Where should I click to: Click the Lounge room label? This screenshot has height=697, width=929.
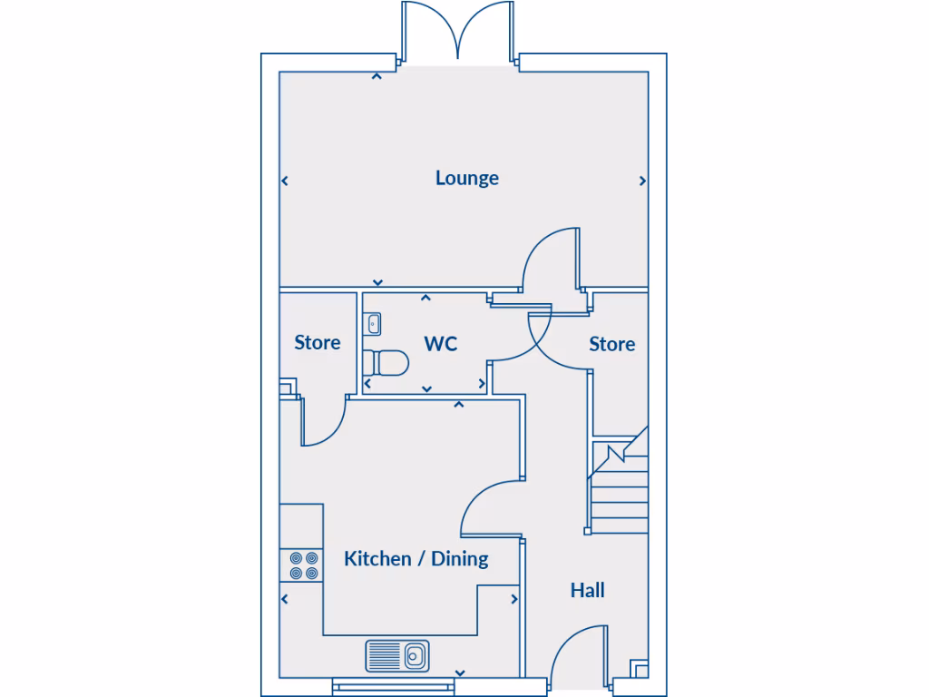point(466,178)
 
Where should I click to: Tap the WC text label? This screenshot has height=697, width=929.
point(441,344)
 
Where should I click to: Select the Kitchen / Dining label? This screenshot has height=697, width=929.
point(416,559)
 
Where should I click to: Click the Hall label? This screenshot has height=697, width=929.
point(587,591)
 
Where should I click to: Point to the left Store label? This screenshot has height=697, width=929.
point(318,343)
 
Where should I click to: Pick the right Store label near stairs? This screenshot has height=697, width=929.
point(611,345)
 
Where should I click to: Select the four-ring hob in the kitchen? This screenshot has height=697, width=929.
point(303,565)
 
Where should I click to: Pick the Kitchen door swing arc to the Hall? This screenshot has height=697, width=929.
point(488,505)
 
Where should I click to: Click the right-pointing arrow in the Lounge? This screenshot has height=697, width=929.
point(643,182)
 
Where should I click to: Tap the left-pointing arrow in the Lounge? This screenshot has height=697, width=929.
point(284,182)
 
